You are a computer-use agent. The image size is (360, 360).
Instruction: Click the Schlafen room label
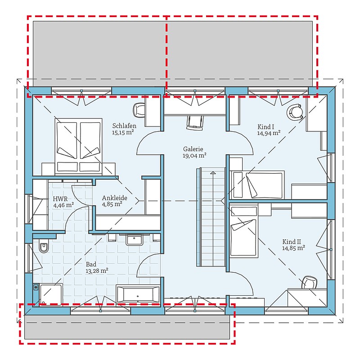point(124,126)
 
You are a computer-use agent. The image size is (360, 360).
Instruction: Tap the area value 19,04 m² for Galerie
point(194,155)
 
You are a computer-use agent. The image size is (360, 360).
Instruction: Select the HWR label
point(60,198)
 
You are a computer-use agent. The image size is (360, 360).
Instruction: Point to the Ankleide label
point(115,198)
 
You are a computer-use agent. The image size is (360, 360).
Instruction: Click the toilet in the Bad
point(44,245)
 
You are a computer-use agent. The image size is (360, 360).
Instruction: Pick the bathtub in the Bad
point(138,294)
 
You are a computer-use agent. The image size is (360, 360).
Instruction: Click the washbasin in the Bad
point(134,240)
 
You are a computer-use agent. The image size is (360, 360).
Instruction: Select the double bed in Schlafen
point(78,147)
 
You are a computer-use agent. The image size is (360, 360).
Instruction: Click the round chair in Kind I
point(295,112)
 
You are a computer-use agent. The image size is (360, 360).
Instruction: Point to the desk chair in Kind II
point(310,282)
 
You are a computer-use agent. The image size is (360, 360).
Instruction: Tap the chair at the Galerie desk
point(195,122)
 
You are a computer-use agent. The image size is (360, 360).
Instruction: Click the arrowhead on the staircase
point(213,173)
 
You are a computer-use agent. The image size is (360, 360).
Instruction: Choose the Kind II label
point(292,242)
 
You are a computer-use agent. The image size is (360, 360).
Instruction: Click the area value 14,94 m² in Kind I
point(269,133)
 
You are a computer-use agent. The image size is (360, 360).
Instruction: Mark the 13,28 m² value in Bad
point(97,271)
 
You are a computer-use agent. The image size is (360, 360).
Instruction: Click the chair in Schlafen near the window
point(139,110)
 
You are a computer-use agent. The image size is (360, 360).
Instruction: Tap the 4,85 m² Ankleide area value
point(112,204)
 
